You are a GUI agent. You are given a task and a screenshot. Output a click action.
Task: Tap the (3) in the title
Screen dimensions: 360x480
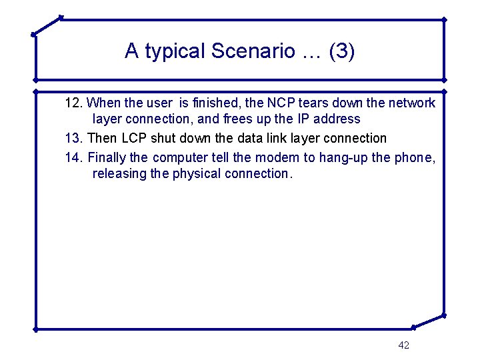[341, 51]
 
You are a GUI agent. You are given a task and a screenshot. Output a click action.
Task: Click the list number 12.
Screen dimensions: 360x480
[73, 103]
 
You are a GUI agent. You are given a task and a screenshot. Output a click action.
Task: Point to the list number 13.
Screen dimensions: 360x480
[73, 139]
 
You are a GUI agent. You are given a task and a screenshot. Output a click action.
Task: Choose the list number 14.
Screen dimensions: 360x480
[73, 158]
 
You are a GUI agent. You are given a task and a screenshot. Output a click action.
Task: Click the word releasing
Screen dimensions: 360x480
[118, 174]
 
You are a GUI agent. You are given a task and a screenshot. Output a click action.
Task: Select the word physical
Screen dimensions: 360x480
[195, 174]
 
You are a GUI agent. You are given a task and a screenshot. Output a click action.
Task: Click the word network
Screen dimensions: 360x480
[412, 103]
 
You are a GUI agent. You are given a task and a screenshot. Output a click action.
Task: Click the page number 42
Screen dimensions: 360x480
[403, 345]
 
